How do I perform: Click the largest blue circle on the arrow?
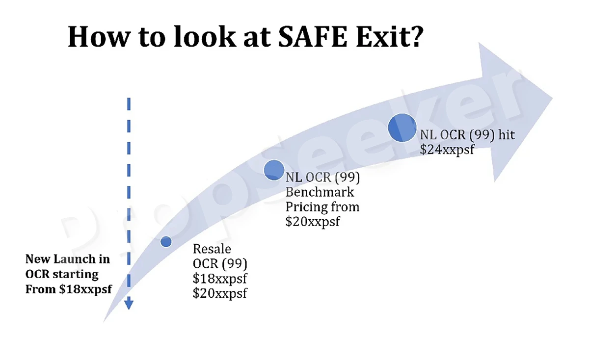pos(402,128)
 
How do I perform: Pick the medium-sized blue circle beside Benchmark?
pos(274,170)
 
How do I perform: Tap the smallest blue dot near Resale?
pos(166,241)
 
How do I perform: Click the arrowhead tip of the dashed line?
pos(129,309)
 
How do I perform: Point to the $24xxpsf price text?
pos(447,150)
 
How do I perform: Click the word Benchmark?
pos(320,192)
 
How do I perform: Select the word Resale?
pos(212,249)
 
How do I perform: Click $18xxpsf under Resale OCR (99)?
pos(220,279)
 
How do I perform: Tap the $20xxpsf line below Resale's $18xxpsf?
pos(220,293)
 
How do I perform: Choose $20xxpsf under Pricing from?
pos(313,222)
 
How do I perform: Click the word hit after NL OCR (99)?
pos(507,134)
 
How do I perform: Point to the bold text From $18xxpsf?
pos(69,289)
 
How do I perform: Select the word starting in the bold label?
pos(76,274)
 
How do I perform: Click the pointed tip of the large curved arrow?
pos(552,98)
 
